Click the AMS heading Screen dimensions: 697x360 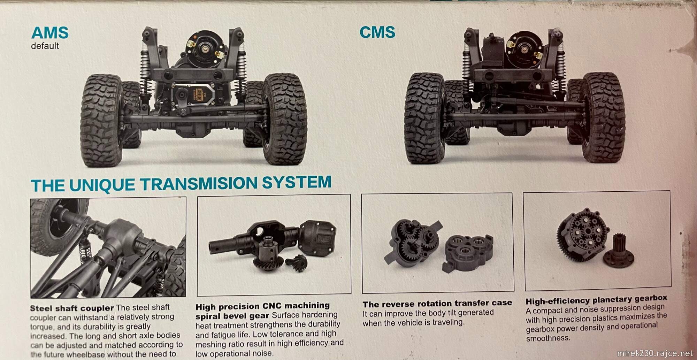pyautogui.click(x=49, y=33)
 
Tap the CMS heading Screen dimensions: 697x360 pyautogui.click(x=377, y=32)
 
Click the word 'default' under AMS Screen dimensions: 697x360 pyautogui.click(x=45, y=46)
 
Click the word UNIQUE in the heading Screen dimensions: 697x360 pyautogui.click(x=102, y=185)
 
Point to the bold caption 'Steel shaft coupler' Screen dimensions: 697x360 pyautogui.click(x=72, y=308)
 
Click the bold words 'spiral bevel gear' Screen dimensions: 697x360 pyautogui.click(x=232, y=316)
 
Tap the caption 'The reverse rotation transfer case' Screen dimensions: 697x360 pyautogui.click(x=437, y=304)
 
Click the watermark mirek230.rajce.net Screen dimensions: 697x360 pyautogui.click(x=655, y=353)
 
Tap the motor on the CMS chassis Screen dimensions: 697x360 pyautogui.click(x=523, y=46)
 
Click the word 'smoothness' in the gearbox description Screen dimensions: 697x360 pyautogui.click(x=547, y=338)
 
